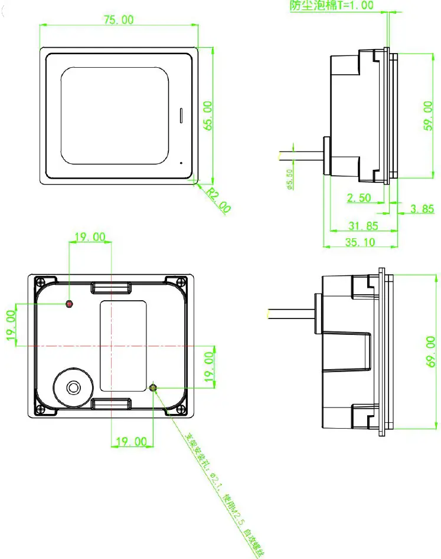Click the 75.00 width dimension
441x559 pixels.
[119, 19]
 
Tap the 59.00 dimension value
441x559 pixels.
[429, 114]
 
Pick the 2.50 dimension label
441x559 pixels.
[359, 198]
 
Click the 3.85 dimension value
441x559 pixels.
[421, 209]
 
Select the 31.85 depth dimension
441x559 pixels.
[359, 226]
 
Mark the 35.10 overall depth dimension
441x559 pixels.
[360, 242]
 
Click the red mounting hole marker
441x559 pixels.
[70, 304]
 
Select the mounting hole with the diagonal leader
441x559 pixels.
[153, 387]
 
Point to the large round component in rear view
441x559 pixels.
[74, 387]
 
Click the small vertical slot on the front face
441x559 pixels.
[181, 115]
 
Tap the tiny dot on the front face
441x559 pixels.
[181, 160]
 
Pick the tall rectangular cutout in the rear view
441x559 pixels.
[123, 345]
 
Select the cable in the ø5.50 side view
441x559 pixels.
[300, 156]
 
